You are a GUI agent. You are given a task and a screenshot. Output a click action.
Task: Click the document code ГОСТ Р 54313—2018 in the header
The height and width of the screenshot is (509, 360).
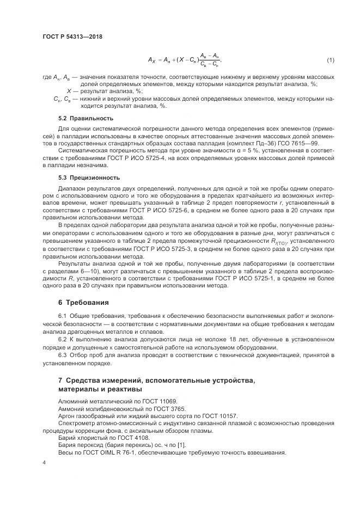tap(72, 37)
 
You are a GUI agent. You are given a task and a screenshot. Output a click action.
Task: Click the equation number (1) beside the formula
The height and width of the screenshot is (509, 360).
tap(330, 59)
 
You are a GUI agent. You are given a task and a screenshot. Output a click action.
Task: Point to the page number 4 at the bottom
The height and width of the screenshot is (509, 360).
tap(44, 462)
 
